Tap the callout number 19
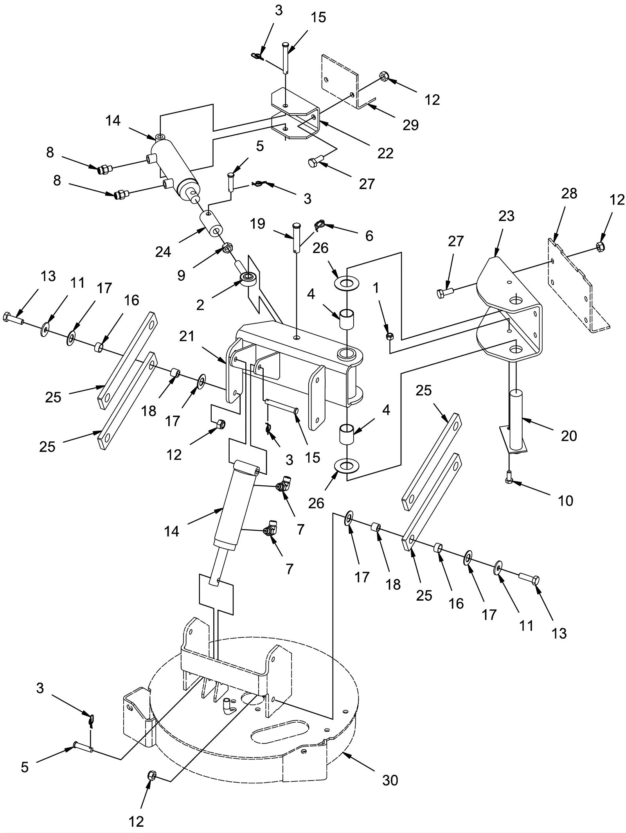258,224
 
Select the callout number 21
187,336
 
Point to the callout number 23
507,216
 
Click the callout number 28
569,193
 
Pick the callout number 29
410,125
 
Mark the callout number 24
163,252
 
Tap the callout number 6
369,235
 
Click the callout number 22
385,153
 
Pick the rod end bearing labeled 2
247,278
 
